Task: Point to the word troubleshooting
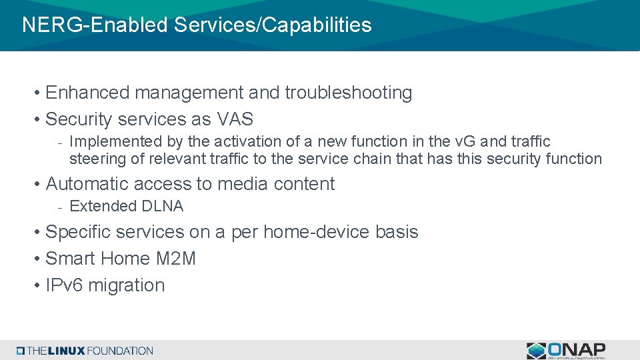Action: click(x=349, y=93)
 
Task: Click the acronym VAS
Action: click(x=235, y=119)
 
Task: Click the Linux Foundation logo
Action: click(x=85, y=351)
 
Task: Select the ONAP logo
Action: click(x=566, y=350)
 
